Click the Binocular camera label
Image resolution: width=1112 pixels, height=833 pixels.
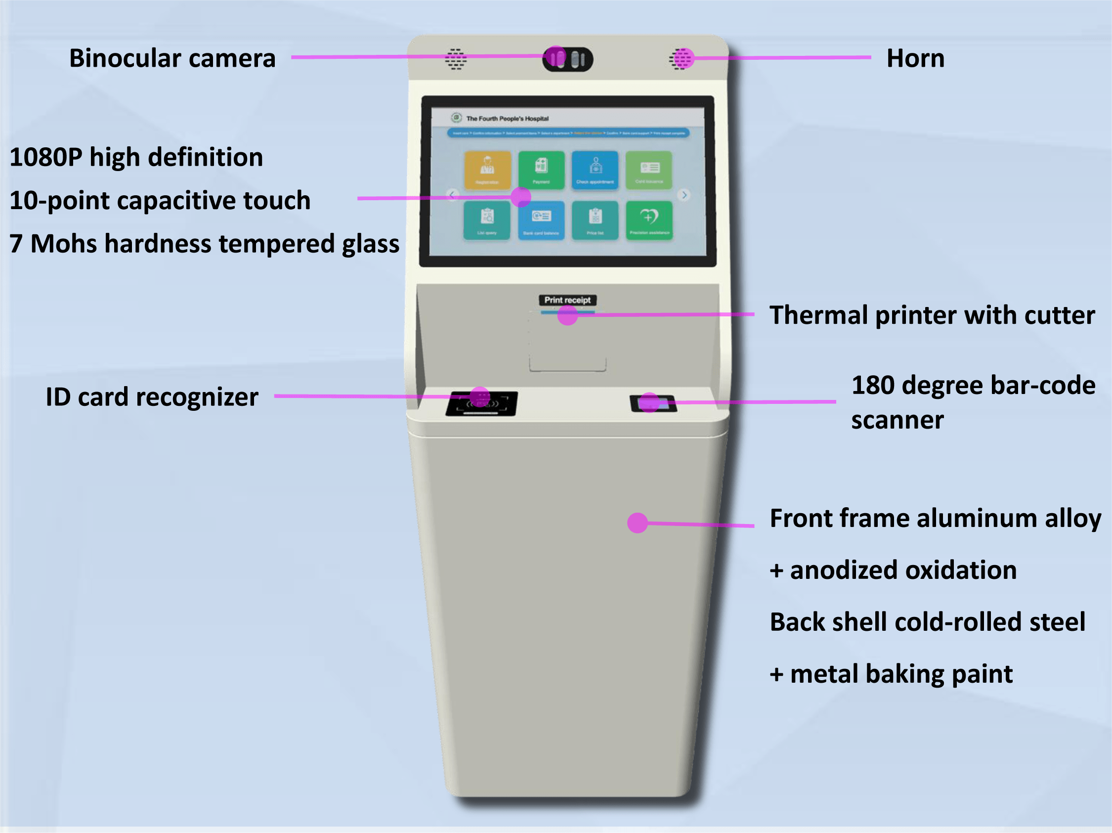(172, 58)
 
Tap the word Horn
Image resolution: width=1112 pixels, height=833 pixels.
(915, 58)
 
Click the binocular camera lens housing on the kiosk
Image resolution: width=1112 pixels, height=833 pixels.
(567, 59)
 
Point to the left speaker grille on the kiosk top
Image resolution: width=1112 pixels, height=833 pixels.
(456, 59)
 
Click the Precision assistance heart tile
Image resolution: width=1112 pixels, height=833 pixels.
(649, 220)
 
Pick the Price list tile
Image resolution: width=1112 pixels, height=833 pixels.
(595, 220)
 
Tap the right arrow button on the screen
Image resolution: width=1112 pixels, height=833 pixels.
(684, 195)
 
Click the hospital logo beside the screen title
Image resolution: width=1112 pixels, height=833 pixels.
(456, 118)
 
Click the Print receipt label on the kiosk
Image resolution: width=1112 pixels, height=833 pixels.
(567, 300)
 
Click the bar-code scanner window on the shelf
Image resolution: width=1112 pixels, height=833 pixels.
(653, 403)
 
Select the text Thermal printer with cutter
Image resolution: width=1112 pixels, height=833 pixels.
(932, 315)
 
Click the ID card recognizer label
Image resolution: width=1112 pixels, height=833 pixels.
(152, 397)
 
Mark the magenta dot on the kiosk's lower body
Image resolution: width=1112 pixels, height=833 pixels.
(637, 523)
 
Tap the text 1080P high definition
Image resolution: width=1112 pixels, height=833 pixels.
(136, 157)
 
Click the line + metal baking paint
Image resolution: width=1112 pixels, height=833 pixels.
(891, 674)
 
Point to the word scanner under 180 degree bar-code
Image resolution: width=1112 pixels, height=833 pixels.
(898, 420)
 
